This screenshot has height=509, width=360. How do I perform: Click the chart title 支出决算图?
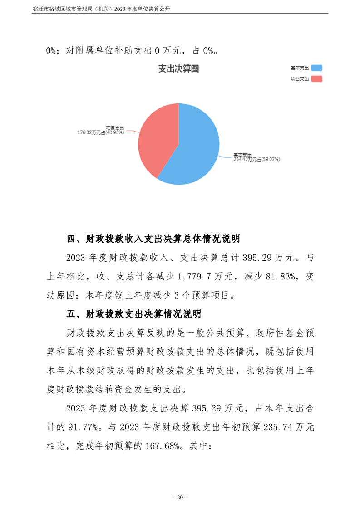coord(178,69)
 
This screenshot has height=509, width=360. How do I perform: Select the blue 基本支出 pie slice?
coord(195,145)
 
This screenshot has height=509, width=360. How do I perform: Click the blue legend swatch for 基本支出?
coord(316,68)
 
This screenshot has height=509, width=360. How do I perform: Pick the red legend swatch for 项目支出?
coord(316,79)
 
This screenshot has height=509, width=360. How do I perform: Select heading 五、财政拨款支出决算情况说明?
coord(137,313)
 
